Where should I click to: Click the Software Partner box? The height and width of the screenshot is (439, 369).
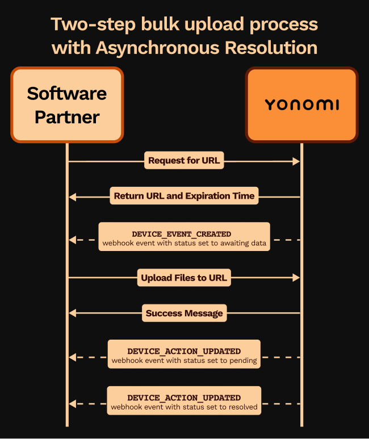(67, 104)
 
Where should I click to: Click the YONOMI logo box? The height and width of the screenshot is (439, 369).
(301, 104)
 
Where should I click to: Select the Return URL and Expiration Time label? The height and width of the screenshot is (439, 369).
(184, 196)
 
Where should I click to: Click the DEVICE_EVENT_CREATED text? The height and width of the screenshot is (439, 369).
(182, 234)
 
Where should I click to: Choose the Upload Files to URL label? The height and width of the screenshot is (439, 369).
(184, 278)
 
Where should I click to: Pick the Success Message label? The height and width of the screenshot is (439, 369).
(184, 313)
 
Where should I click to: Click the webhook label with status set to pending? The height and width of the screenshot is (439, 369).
(184, 356)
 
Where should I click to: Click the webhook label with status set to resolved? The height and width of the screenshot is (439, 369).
(184, 402)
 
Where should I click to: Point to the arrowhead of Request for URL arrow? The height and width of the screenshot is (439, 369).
(296, 162)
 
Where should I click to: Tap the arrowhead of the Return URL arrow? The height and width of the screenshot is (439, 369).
(72, 197)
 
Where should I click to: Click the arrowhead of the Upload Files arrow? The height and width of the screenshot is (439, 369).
(296, 278)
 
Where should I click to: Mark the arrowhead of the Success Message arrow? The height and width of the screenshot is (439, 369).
(72, 313)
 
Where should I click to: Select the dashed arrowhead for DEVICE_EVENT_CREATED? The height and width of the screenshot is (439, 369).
(72, 240)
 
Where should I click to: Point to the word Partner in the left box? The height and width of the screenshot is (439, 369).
(67, 117)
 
